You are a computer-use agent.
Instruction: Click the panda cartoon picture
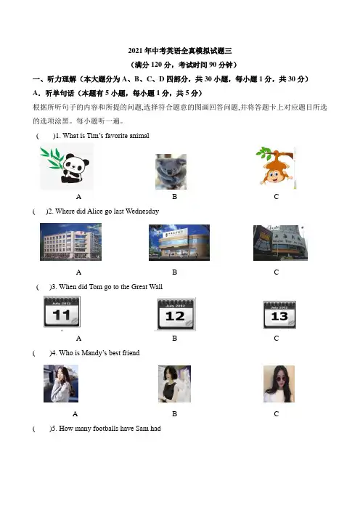click(67, 166)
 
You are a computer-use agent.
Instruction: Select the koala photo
click(171, 171)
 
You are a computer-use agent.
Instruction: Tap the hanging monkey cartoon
click(276, 167)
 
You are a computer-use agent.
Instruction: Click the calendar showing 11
click(62, 312)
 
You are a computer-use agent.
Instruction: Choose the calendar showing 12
click(176, 314)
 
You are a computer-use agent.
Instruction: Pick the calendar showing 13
click(279, 315)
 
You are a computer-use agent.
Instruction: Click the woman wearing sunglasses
click(279, 384)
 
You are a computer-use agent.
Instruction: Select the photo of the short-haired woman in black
click(174, 384)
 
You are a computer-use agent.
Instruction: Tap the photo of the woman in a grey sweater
click(61, 384)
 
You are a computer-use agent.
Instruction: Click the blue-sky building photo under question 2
click(179, 243)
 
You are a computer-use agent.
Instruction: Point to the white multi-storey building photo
click(70, 242)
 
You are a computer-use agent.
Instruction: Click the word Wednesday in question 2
click(142, 211)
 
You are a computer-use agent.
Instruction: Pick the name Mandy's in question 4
click(94, 353)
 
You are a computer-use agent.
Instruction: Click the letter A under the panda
click(78, 197)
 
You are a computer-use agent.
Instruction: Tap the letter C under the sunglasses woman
click(277, 414)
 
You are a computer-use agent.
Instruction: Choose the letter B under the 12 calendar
click(174, 339)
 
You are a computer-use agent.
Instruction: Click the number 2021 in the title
click(135, 51)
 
